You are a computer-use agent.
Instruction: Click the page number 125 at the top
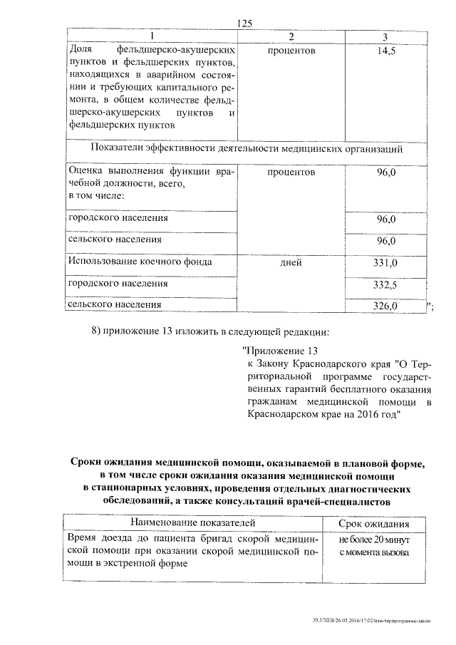tap(245, 24)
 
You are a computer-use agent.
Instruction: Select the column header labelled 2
tap(291, 36)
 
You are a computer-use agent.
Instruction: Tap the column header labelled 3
tap(385, 36)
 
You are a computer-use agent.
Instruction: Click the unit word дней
tap(291, 263)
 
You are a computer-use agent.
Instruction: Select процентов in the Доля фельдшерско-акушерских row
tap(291, 51)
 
